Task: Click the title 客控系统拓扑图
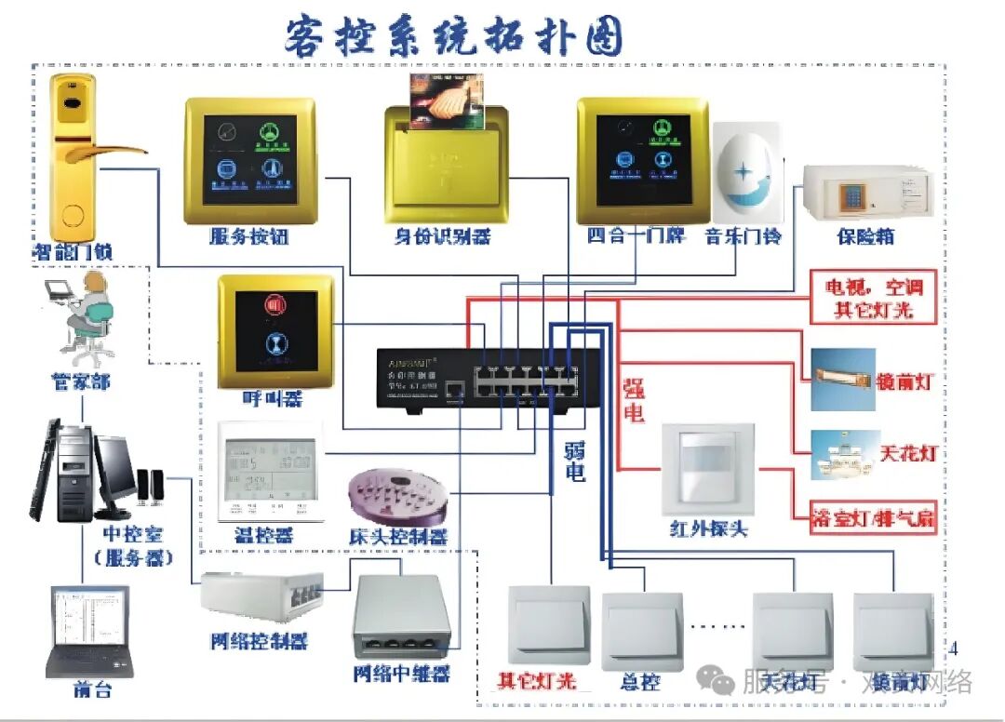pos(454,36)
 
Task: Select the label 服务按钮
pos(248,236)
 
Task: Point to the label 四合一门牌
pos(636,235)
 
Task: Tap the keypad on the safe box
pos(851,195)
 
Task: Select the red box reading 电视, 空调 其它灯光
pos(873,298)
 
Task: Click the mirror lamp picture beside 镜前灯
pos(843,380)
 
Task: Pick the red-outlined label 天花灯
pos(906,455)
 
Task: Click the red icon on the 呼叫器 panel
pos(275,304)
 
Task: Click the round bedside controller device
pos(395,494)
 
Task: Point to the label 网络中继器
pos(401,673)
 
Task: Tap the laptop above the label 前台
pos(88,631)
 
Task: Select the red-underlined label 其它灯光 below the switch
pos(537,681)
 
